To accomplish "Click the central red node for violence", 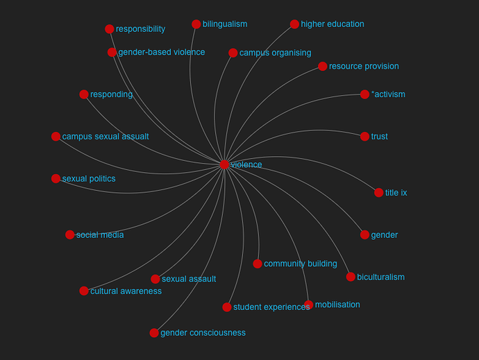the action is click(x=224, y=164).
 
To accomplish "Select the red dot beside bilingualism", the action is click(x=196, y=24).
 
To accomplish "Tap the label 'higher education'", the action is click(x=333, y=24).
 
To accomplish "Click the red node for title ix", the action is click(x=379, y=193).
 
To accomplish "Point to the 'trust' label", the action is click(x=380, y=137).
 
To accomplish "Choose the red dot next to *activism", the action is click(x=364, y=94).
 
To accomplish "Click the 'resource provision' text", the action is click(x=364, y=67).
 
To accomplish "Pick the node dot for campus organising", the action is click(x=233, y=53).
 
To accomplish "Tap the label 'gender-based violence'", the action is click(x=162, y=52).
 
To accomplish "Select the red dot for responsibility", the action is click(x=110, y=29).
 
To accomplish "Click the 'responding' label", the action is click(x=112, y=94).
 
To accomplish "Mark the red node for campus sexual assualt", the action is click(x=56, y=137).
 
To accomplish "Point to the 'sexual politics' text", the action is click(x=89, y=179).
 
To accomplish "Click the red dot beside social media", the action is click(x=69, y=235).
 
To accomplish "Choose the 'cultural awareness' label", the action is click(x=126, y=291).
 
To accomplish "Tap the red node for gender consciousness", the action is click(x=154, y=333).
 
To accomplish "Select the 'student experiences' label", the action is click(x=271, y=307).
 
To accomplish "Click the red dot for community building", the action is click(x=258, y=264).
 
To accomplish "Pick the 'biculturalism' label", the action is click(x=380, y=277).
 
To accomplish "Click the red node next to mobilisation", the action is click(x=308, y=305).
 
